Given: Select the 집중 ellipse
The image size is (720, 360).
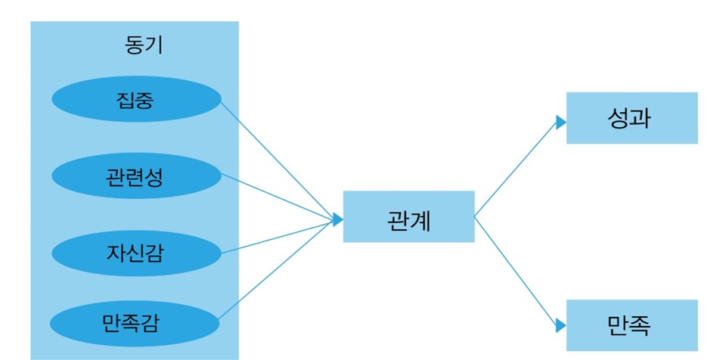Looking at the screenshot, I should (136, 99).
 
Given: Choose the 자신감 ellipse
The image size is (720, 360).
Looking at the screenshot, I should (136, 252).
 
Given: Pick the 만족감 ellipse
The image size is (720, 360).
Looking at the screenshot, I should (136, 324).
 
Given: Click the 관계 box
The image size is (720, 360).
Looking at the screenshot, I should (408, 216).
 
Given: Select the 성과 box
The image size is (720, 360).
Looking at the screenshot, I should (632, 118).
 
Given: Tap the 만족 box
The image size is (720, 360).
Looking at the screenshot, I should (632, 325).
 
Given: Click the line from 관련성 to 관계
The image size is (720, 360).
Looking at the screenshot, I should (276, 197).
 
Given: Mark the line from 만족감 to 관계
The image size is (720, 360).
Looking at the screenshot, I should (276, 272).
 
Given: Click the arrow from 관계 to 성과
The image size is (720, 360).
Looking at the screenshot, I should (514, 171).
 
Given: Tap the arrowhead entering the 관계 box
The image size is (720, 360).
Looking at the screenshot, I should (337, 219).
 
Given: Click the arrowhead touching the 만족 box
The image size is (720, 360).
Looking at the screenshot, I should (560, 325).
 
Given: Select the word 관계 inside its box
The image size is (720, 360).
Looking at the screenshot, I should (408, 222).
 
